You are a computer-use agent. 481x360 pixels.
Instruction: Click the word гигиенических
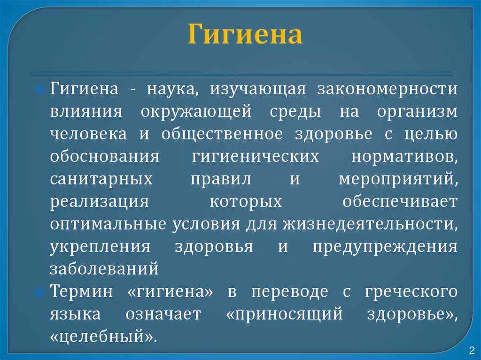[x=255, y=157]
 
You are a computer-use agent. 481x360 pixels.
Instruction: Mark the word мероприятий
[x=397, y=179]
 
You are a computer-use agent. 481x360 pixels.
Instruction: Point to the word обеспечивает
[x=399, y=202]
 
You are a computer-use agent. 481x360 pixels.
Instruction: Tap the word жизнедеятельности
[x=369, y=224]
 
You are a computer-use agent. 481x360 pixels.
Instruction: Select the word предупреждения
[x=385, y=247]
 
